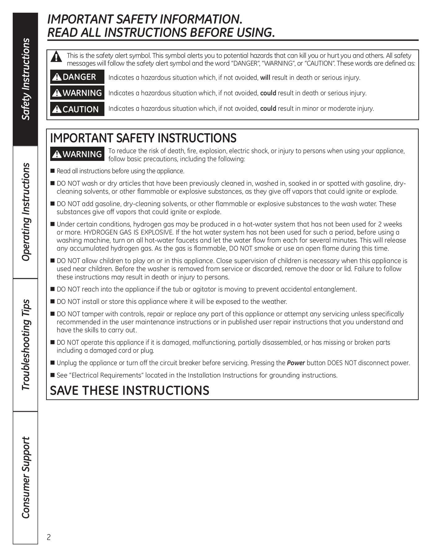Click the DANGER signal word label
click(x=77, y=77)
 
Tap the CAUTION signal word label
click(x=77, y=109)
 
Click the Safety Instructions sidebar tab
click(x=25, y=79)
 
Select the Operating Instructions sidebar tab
click(x=25, y=212)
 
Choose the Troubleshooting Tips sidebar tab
click(x=25, y=345)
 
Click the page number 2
click(x=49, y=537)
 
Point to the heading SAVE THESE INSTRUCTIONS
click(x=130, y=391)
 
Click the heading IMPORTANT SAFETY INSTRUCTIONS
click(x=143, y=138)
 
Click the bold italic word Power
click(x=296, y=363)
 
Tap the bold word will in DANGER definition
click(x=265, y=78)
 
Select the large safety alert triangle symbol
click(x=56, y=57)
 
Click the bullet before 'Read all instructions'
click(x=52, y=171)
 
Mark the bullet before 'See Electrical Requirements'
click(x=52, y=375)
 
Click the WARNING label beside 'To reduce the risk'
click(x=77, y=154)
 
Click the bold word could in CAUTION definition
click(x=268, y=109)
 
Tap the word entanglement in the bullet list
click(x=334, y=289)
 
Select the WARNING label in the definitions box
click(x=77, y=93)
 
